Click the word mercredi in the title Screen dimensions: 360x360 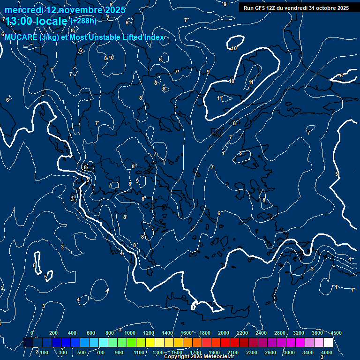point(23,10)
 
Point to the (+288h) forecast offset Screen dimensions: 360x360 point(83,21)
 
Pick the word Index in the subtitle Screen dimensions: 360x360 point(153,37)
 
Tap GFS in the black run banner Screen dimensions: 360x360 point(260,8)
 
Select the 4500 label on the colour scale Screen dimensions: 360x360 point(336,333)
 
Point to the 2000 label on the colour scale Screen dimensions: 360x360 point(224,333)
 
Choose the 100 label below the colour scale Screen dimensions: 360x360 point(44,352)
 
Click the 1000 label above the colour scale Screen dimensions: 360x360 point(130,333)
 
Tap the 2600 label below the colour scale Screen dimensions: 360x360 point(271,352)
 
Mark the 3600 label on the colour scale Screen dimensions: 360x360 point(317,333)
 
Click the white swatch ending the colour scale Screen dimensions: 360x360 point(328,343)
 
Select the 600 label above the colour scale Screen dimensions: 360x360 point(90,333)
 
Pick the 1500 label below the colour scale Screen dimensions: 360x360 point(177,352)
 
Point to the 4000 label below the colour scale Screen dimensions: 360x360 point(327,352)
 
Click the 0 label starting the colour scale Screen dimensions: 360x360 point(32,333)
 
